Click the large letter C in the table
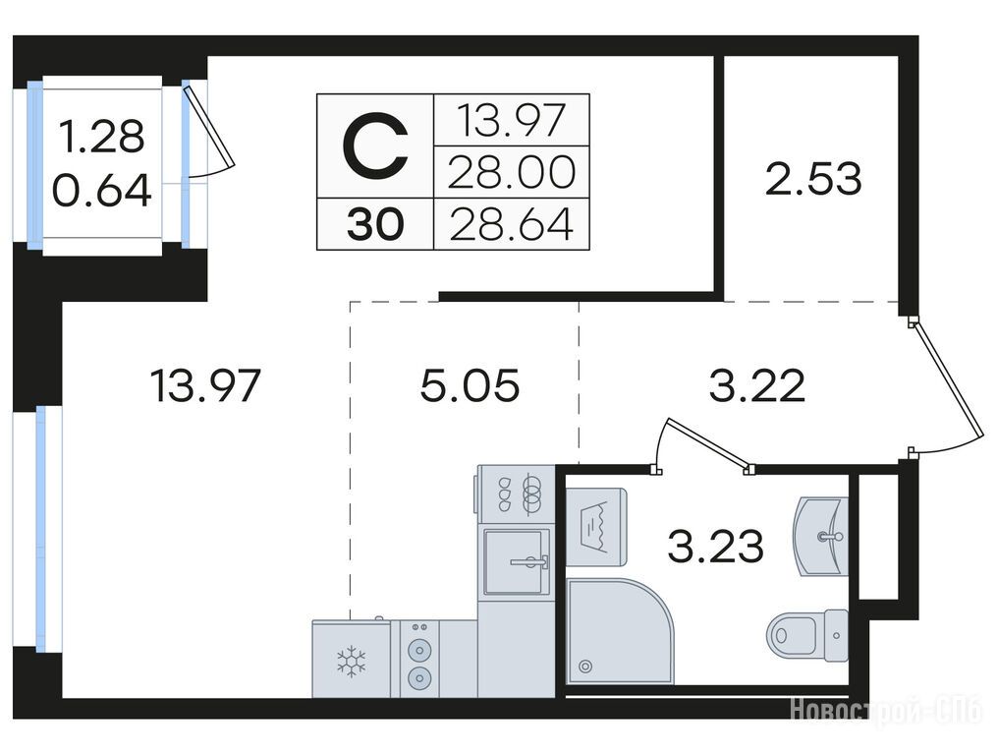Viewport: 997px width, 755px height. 375,145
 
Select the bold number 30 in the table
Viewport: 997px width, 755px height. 375,225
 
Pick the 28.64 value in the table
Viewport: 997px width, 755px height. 511,225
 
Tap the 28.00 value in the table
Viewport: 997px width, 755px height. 511,172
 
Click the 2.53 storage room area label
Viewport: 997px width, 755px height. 813,179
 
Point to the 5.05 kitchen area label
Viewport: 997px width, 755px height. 470,385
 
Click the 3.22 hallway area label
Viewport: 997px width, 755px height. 756,385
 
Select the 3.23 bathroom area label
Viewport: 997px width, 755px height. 715,547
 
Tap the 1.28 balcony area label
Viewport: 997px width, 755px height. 102,137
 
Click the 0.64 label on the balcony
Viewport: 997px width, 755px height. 102,191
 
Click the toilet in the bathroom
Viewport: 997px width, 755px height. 806,635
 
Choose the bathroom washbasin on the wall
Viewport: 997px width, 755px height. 821,538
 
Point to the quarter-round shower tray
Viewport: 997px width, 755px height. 620,631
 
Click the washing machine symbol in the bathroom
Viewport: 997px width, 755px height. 596,527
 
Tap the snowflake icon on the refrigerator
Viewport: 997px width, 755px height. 351,661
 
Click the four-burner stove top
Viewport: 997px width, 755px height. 517,494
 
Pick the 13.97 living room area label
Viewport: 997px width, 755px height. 204,385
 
